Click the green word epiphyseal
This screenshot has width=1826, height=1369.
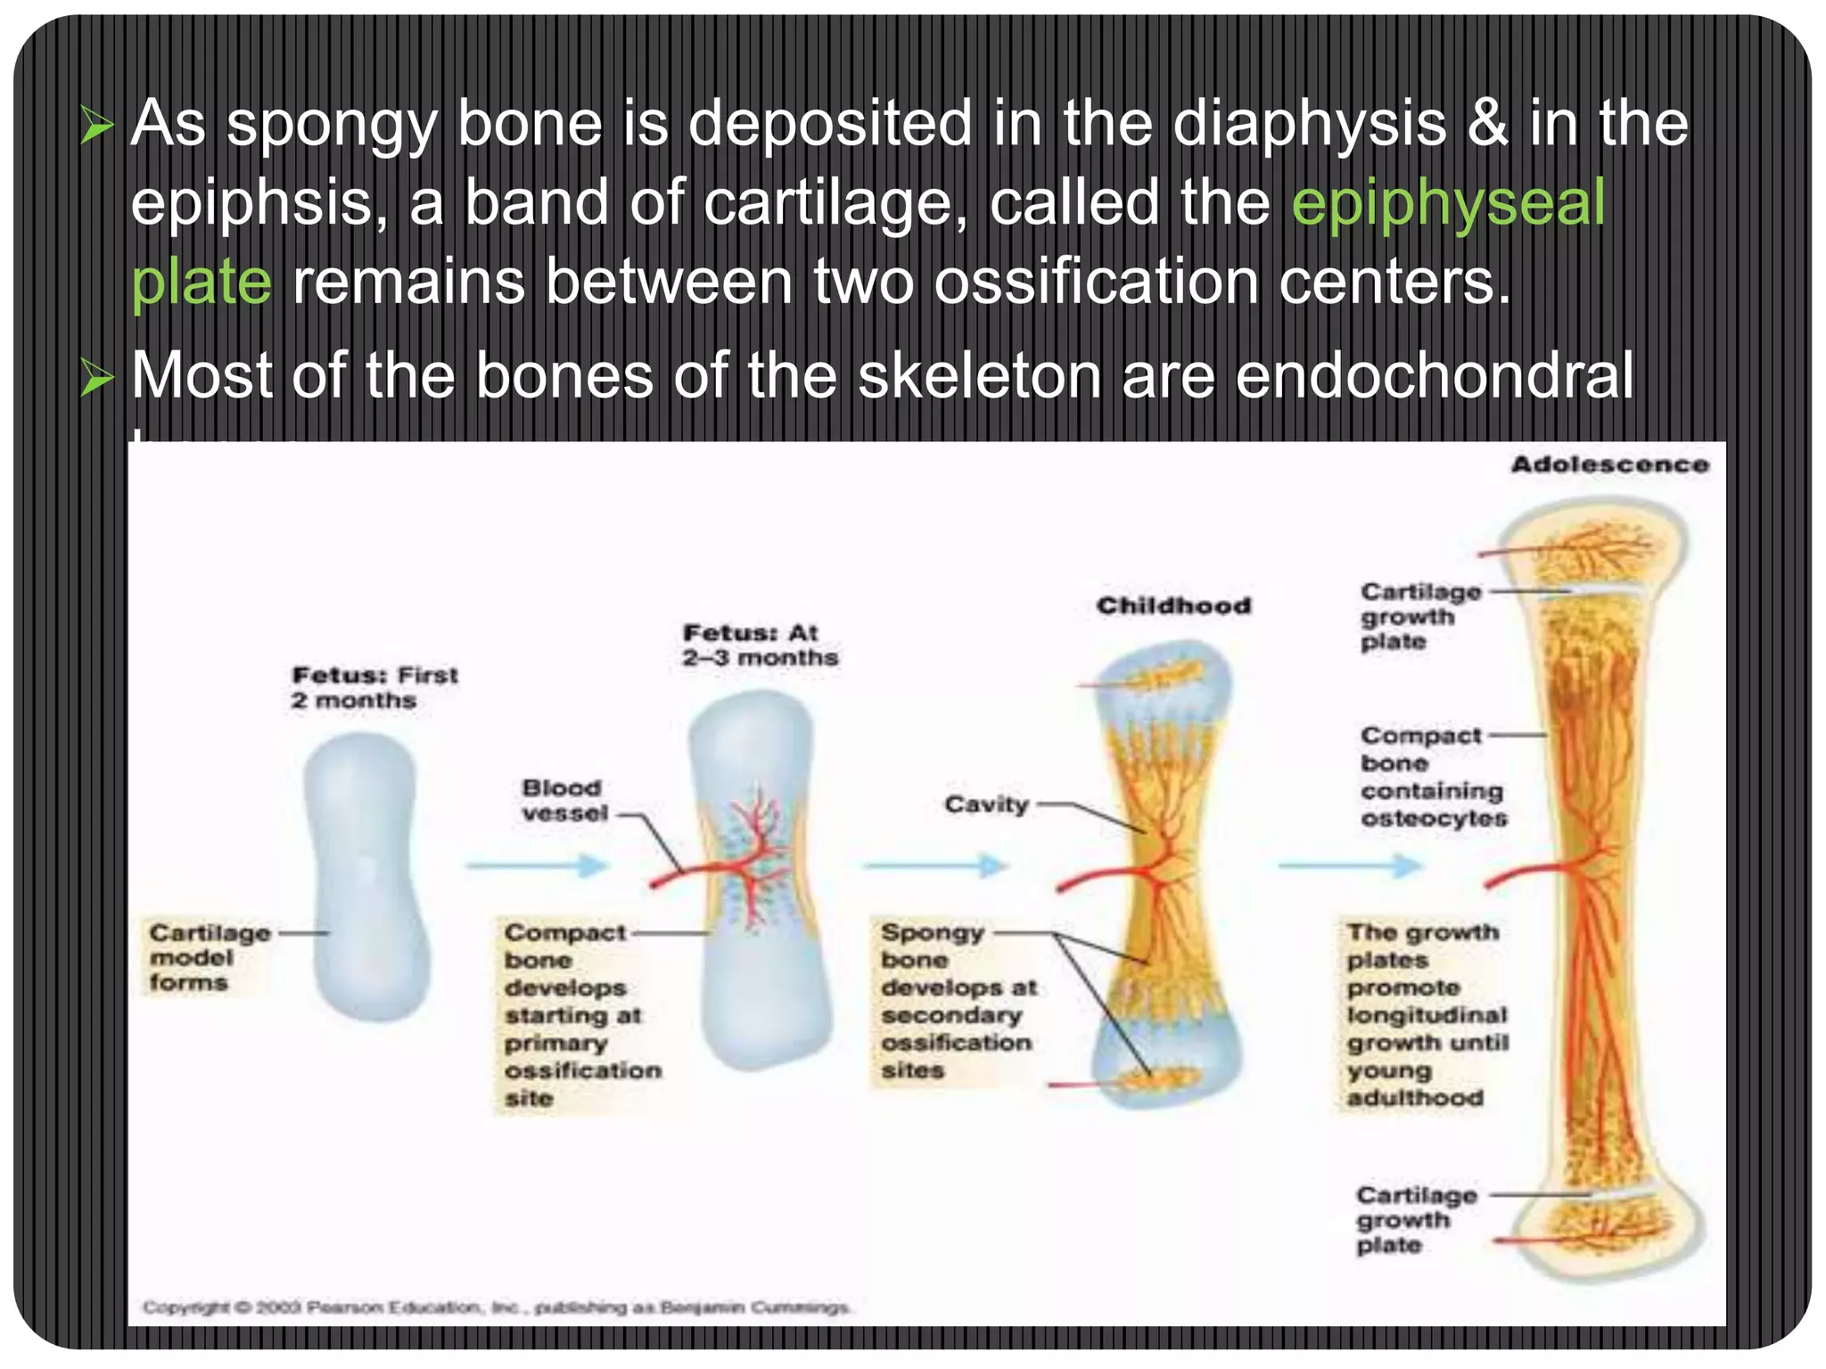[x=1448, y=203]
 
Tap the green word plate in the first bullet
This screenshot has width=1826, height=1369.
[x=202, y=282]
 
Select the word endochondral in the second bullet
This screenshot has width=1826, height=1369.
[x=1435, y=375]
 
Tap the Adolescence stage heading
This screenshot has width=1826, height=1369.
[x=1609, y=464]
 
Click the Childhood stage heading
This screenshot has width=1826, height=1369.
[x=1173, y=606]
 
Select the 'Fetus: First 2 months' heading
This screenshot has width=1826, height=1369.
[x=374, y=687]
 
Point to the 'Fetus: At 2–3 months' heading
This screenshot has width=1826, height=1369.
[x=760, y=645]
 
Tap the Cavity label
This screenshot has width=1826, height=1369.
[x=986, y=805]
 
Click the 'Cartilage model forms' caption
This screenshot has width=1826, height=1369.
[x=210, y=957]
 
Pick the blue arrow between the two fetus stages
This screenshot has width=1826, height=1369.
[x=537, y=865]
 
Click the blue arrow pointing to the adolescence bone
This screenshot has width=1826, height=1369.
[x=1351, y=865]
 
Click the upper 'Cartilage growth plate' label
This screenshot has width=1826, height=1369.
[x=1419, y=616]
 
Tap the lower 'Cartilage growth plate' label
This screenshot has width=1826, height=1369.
[x=1416, y=1219]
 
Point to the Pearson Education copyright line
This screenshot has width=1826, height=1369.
[x=497, y=1308]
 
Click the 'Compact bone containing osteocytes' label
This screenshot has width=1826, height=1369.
[x=1432, y=776]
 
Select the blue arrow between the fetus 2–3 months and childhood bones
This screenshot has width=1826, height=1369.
[x=935, y=865]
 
